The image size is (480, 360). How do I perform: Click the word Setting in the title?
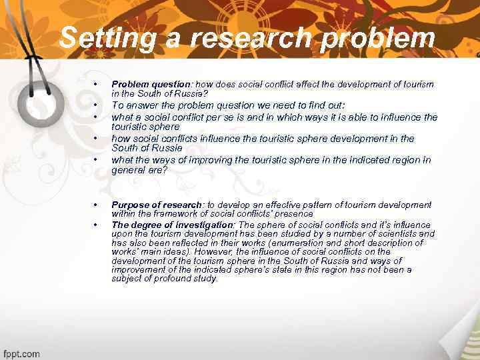(x=101, y=38)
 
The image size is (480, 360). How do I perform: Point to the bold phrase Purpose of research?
(x=157, y=205)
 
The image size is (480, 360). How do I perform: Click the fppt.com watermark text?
(x=21, y=353)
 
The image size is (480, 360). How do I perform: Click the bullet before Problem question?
(x=97, y=84)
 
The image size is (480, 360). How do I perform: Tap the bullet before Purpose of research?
(x=97, y=205)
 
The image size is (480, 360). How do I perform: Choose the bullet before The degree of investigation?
(x=97, y=225)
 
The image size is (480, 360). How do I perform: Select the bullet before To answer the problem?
(x=97, y=105)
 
